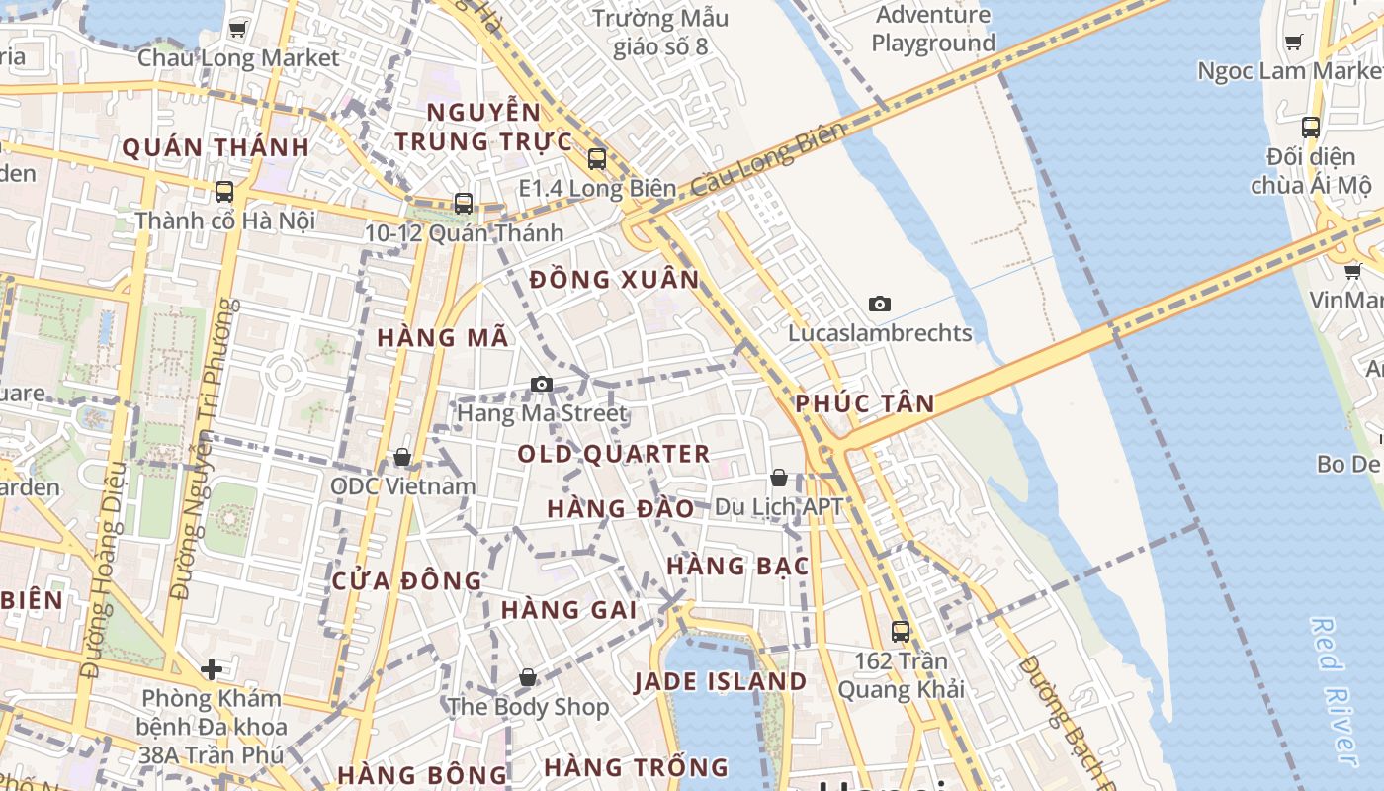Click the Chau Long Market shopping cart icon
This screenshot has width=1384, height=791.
tap(237, 29)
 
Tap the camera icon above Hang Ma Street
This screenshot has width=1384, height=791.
tap(541, 384)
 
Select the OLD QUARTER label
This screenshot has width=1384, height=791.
tap(614, 454)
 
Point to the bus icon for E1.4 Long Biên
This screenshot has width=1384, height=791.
tap(596, 159)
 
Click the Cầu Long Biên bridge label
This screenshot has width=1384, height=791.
tap(769, 158)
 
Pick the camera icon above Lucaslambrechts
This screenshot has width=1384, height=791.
tap(879, 304)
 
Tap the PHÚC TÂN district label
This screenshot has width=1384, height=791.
tap(865, 403)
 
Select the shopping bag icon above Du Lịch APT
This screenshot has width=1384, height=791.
tap(779, 479)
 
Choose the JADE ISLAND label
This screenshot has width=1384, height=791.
tap(721, 681)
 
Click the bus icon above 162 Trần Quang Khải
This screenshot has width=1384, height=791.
tap(900, 631)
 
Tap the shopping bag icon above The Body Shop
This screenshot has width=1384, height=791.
tap(528, 677)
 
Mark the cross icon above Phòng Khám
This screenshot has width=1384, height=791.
tap(211, 669)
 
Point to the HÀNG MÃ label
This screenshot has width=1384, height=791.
tap(443, 337)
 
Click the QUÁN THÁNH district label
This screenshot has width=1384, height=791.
tap(216, 148)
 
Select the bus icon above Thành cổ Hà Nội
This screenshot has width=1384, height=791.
tap(224, 192)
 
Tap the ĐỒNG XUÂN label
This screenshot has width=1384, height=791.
tap(614, 280)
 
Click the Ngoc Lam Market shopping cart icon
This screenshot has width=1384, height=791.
tap(1293, 42)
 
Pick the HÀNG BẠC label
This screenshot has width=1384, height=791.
tap(737, 567)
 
